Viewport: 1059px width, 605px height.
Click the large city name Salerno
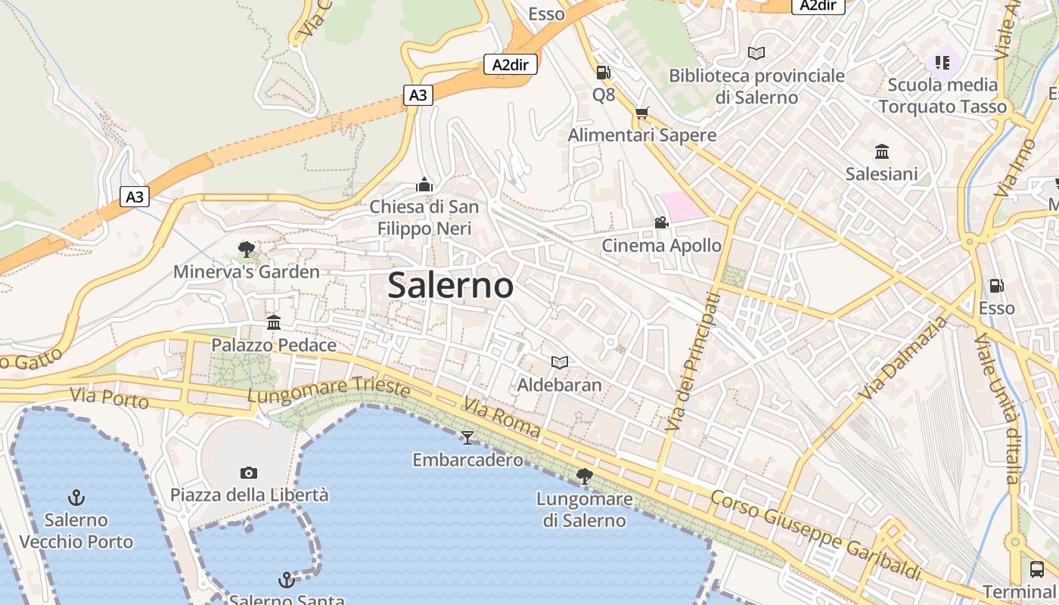tap(451, 285)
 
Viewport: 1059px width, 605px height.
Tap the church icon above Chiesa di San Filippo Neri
tap(424, 185)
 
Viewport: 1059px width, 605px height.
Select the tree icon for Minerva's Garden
tap(246, 250)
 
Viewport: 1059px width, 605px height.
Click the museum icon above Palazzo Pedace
tap(274, 323)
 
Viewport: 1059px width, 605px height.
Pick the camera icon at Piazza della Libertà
tap(249, 473)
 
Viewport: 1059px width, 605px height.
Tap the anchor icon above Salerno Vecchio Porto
tap(76, 498)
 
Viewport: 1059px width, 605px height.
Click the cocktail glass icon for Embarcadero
tap(467, 437)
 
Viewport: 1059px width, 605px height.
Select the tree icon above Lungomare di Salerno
tap(584, 476)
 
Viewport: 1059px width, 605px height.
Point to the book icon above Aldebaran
tap(559, 363)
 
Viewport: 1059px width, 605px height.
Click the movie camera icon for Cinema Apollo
tap(661, 223)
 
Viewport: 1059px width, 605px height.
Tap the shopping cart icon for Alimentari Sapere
tap(642, 113)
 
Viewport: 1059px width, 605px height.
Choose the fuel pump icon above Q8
tap(604, 73)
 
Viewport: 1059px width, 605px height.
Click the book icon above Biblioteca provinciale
tap(756, 53)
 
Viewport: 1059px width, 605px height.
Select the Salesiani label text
tap(881, 174)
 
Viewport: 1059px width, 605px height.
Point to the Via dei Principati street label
tap(691, 361)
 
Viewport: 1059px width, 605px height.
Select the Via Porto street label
tap(109, 397)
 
